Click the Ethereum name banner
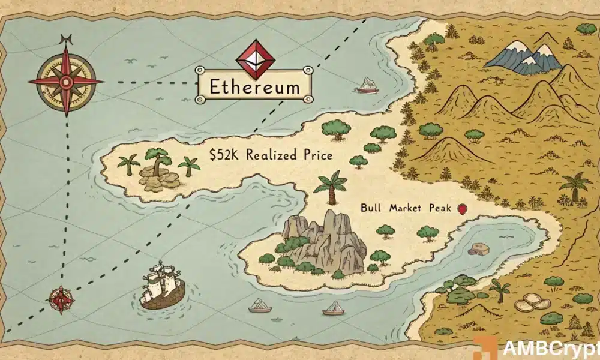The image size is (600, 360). pos(254,86)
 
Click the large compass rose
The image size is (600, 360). pos(65,81)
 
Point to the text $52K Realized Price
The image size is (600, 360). pos(271,155)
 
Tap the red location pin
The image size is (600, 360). pos(461,209)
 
